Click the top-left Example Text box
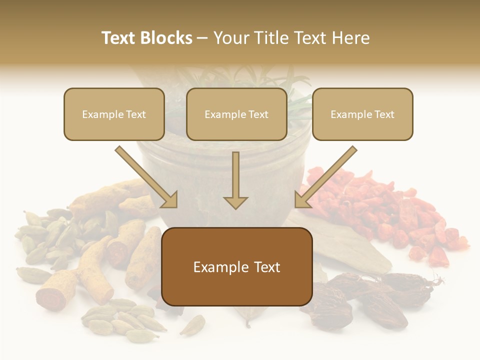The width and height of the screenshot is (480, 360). (114, 114)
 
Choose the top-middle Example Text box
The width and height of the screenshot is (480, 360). (236, 114)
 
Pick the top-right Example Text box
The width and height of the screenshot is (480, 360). (362, 114)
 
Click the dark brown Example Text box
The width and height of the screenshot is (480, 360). (236, 266)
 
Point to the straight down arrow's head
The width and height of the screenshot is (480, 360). (235, 202)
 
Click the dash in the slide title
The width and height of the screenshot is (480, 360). (203, 38)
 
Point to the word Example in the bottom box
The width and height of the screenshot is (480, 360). (218, 267)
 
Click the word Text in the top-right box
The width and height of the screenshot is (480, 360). (384, 114)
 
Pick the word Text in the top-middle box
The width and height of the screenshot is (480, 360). (258, 114)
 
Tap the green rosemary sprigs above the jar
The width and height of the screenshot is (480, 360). (285, 87)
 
